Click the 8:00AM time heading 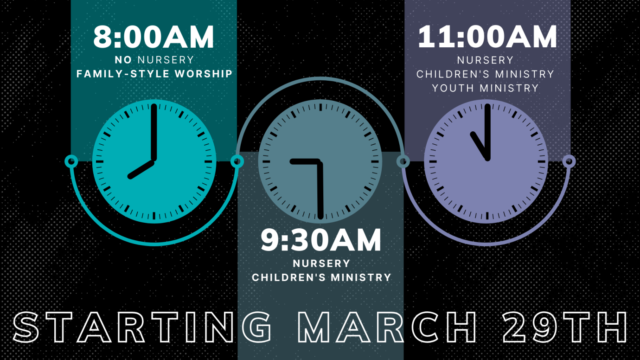pos(154,37)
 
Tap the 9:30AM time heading pos(320,240)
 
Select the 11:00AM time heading pos(487,37)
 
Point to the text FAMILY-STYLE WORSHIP pos(154,74)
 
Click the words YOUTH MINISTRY pos(485,88)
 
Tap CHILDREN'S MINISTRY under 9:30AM pos(321,277)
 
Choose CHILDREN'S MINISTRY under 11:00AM pos(485,74)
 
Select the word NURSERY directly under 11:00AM pos(485,60)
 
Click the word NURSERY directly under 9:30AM pos(321,264)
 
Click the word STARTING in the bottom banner pos(142,327)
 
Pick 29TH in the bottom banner pos(563,327)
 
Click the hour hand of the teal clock pos(141,169)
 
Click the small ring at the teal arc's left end pos(71,161)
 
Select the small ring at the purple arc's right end pos(569,161)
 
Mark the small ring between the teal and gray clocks pos(237,161)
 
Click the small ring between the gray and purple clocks pos(403,161)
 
